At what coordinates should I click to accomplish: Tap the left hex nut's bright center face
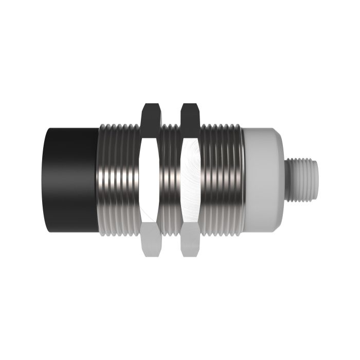149,180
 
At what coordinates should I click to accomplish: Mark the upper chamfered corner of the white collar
275,135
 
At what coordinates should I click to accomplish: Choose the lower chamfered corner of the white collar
275,226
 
